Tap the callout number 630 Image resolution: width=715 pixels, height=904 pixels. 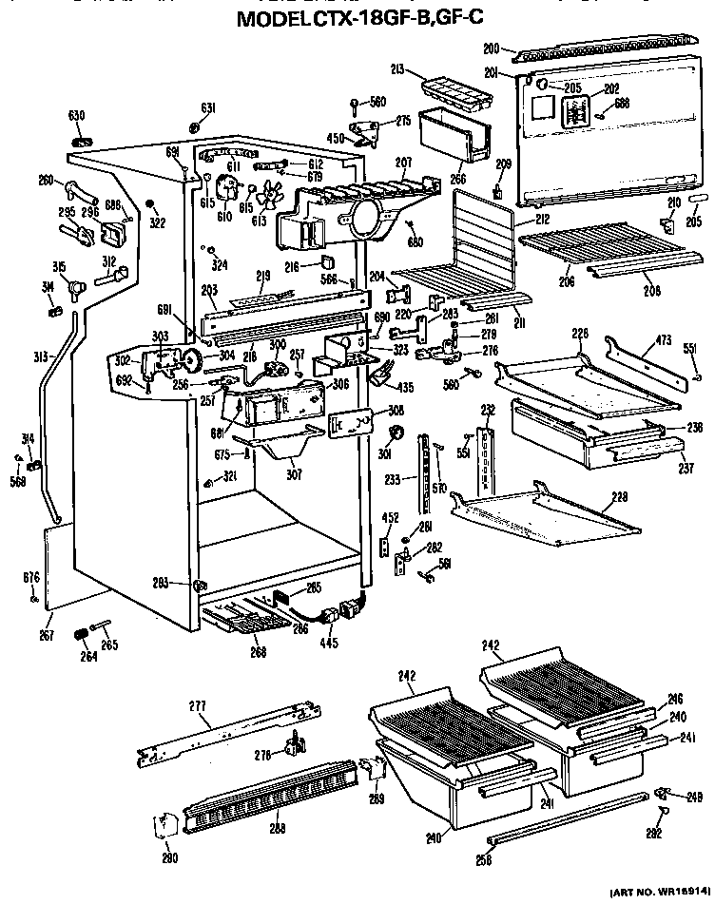[x=77, y=116]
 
